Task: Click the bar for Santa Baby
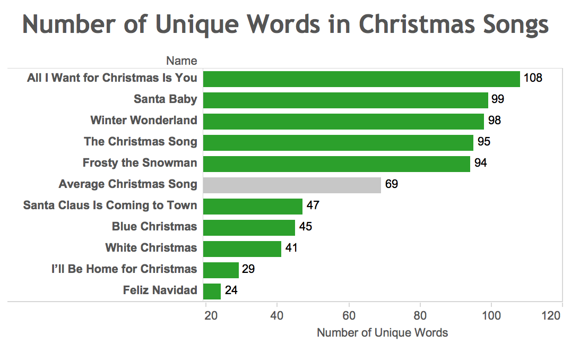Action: pyautogui.click(x=345, y=100)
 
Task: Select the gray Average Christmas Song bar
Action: pyautogui.click(x=292, y=185)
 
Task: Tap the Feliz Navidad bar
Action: pyautogui.click(x=212, y=291)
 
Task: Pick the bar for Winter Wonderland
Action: pyautogui.click(x=343, y=121)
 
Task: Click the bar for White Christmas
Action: pyautogui.click(x=242, y=248)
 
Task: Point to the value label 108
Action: pyautogui.click(x=533, y=79)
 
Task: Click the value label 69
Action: pyautogui.click(x=392, y=185)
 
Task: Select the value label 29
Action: pyautogui.click(x=248, y=269)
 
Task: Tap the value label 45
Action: pyautogui.click(x=305, y=227)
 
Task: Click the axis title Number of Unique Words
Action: pyautogui.click(x=382, y=333)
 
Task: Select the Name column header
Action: pyautogui.click(x=181, y=61)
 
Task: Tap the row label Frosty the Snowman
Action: pyautogui.click(x=140, y=163)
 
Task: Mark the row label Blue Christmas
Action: pyautogui.click(x=154, y=227)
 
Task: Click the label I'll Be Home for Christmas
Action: pyautogui.click(x=124, y=269)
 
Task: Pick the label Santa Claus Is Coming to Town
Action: pyautogui.click(x=110, y=205)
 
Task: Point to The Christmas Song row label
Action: pyautogui.click(x=140, y=142)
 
